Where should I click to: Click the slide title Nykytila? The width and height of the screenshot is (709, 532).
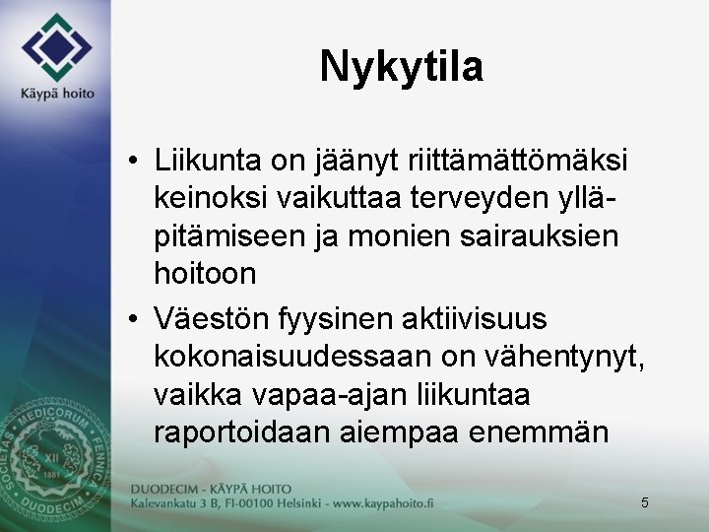coord(401,67)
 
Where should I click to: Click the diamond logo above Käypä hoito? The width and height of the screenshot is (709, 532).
coord(56,47)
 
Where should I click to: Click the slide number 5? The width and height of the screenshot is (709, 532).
coord(644,502)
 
